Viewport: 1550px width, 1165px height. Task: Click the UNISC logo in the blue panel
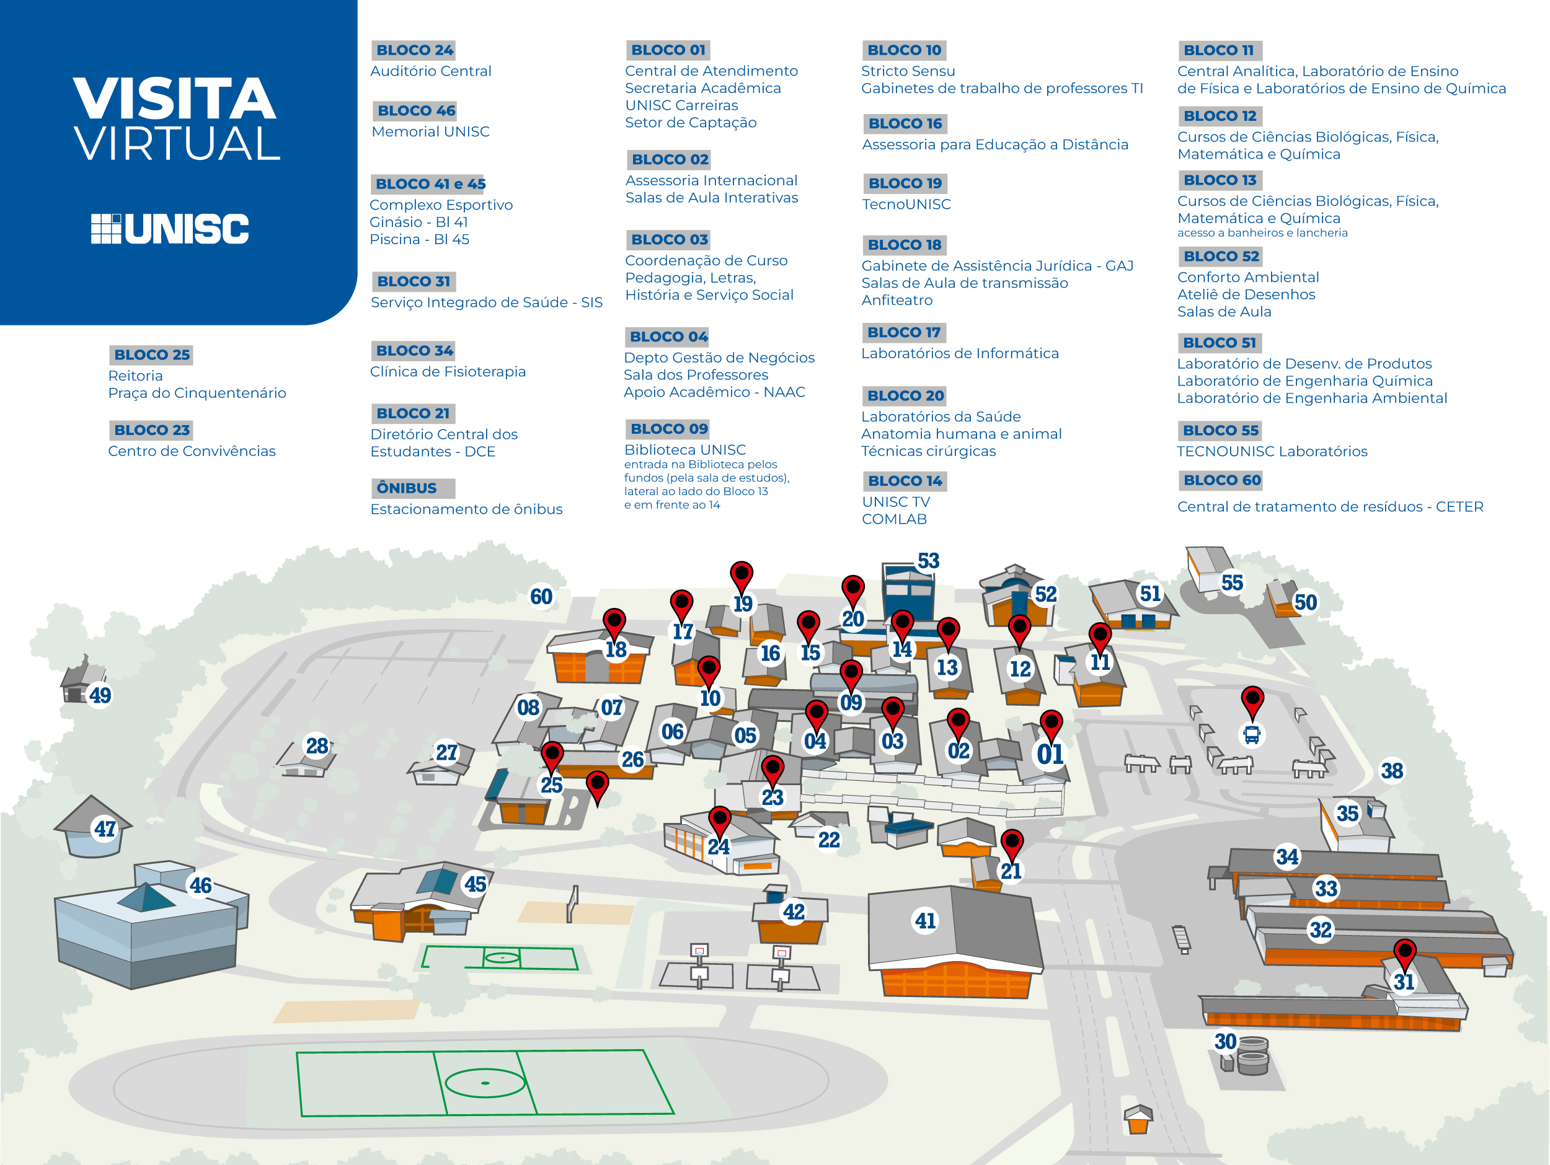170,229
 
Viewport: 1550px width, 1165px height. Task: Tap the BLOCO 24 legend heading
414,50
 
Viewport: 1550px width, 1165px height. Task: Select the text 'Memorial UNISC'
430,132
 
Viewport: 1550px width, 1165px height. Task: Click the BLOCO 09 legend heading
668,429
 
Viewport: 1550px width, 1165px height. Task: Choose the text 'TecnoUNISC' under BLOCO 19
906,204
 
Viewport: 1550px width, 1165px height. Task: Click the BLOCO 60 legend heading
1221,481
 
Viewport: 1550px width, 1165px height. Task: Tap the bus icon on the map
1252,736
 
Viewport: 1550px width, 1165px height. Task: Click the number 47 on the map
105,829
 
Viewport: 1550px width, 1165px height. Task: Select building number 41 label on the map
925,920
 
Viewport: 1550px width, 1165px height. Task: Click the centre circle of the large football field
485,1083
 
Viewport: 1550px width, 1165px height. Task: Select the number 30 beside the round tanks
1225,1042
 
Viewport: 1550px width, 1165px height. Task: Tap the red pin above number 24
720,819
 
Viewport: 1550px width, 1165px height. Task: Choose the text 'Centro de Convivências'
192,451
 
